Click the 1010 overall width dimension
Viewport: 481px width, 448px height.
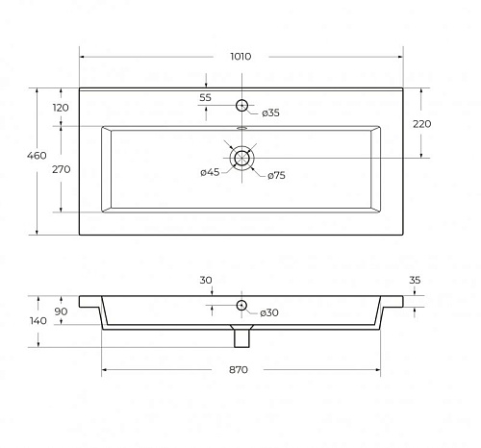pyautogui.click(x=240, y=57)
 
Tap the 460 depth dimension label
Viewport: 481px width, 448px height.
pyautogui.click(x=37, y=156)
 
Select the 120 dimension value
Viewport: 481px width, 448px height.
pyautogui.click(x=61, y=108)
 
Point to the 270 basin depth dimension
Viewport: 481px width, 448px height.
pyautogui.click(x=61, y=169)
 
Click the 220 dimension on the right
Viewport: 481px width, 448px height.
pyautogui.click(x=421, y=124)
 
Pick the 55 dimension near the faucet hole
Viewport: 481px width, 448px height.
pyautogui.click(x=205, y=97)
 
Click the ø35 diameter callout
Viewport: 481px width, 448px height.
pyautogui.click(x=270, y=112)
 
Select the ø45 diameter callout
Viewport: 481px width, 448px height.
pyautogui.click(x=210, y=172)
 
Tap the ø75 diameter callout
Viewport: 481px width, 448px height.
pyautogui.click(x=276, y=176)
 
